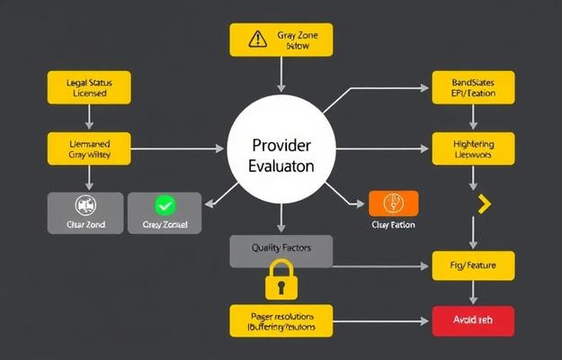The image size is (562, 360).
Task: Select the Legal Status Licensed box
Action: [x=88, y=87]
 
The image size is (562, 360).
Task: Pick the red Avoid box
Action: [x=472, y=319]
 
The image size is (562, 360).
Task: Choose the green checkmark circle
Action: [x=165, y=205]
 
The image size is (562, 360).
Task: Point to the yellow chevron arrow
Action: [x=486, y=205]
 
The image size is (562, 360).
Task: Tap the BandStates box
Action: [x=473, y=87]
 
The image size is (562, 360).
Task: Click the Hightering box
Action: [x=473, y=148]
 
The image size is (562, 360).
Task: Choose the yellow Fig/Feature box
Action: [x=473, y=266]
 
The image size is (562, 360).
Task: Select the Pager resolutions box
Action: [x=280, y=319]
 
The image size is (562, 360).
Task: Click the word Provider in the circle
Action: [x=281, y=145]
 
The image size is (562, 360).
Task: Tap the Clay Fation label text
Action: [x=393, y=225]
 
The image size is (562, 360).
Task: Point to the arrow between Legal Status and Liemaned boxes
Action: [x=88, y=116]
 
